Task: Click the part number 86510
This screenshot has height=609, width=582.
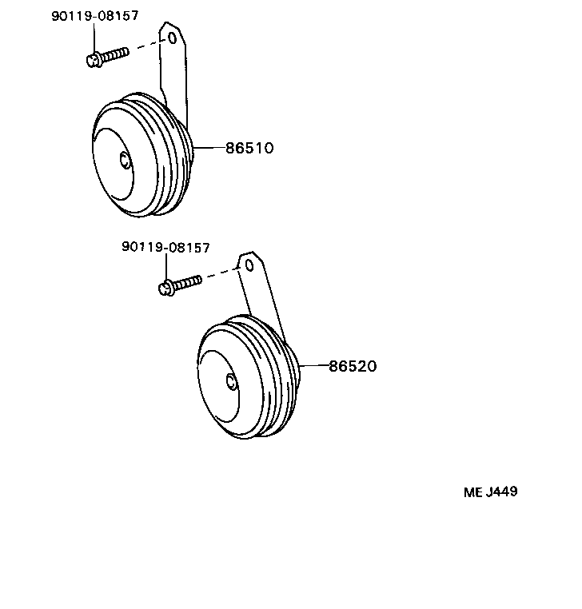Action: [x=249, y=148]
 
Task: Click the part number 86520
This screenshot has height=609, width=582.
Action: [x=353, y=367]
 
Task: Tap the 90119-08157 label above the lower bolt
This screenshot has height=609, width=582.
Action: [x=165, y=248]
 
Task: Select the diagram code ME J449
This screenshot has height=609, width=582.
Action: [x=490, y=492]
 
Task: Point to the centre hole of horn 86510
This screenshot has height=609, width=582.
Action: [x=126, y=160]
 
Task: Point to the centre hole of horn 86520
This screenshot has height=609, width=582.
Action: [x=230, y=382]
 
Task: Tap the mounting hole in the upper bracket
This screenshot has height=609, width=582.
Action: [x=171, y=37]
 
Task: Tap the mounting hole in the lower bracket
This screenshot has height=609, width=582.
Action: [x=248, y=264]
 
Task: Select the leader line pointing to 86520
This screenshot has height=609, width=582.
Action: [x=313, y=367]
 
